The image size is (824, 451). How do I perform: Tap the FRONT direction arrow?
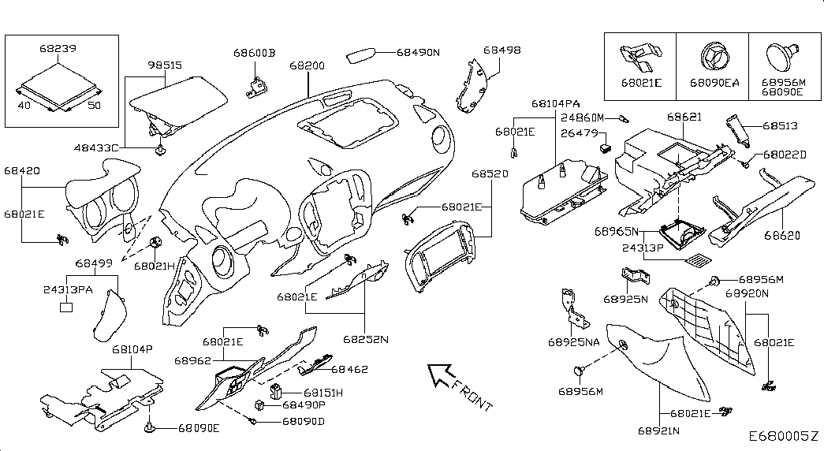[439, 377]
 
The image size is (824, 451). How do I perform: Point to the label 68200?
[307, 66]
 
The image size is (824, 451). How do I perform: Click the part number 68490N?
[417, 53]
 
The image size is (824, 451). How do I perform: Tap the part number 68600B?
[254, 54]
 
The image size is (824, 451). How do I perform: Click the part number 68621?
[684, 117]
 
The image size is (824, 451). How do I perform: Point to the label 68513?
[781, 125]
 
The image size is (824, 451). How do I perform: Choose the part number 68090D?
[303, 421]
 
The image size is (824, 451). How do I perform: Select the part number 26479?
[577, 133]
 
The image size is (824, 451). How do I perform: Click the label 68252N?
[365, 341]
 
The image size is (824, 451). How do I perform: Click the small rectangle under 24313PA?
[67, 306]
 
